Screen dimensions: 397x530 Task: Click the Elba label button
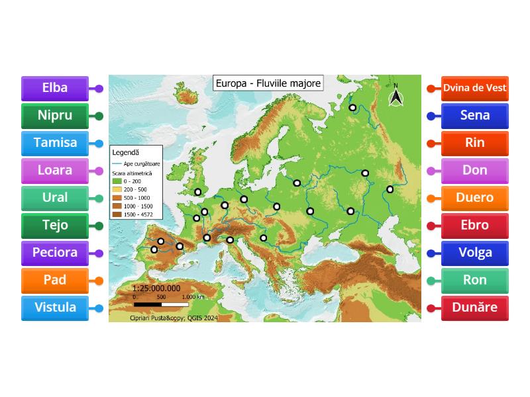[x=54, y=88]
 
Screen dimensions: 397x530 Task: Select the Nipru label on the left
[x=54, y=116]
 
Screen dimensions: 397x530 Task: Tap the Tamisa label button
[x=54, y=143]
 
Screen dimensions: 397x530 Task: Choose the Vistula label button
[x=54, y=308]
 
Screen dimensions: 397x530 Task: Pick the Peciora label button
[x=54, y=253]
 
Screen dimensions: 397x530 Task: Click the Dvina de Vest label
[x=474, y=88]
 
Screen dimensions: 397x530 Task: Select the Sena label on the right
[x=474, y=116]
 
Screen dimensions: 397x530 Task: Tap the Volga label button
[x=474, y=253]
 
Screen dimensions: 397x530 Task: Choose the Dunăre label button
[x=474, y=308]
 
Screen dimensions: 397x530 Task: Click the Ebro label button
[x=474, y=225]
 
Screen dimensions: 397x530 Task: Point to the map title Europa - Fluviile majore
[x=268, y=83]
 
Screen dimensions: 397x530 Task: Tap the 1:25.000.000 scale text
[x=156, y=288]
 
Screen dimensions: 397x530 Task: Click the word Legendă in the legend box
[x=125, y=152]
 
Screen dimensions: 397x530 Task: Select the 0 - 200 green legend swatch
[x=117, y=181]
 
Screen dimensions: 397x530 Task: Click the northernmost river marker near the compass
[x=353, y=107]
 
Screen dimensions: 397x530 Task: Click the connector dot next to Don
[x=431, y=171]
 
